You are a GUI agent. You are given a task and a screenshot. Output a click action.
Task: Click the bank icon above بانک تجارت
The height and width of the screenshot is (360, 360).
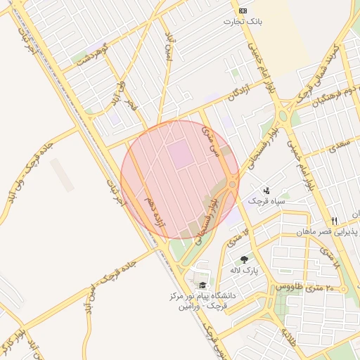pyautogui.click(x=243, y=11)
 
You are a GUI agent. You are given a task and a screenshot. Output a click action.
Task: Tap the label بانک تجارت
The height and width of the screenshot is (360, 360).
pyautogui.click(x=243, y=22)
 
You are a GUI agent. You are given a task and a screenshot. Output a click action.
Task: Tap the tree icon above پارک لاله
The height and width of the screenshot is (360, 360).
pyautogui.click(x=245, y=259)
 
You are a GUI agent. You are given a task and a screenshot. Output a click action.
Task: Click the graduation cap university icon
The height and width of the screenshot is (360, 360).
pyautogui.click(x=202, y=285)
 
